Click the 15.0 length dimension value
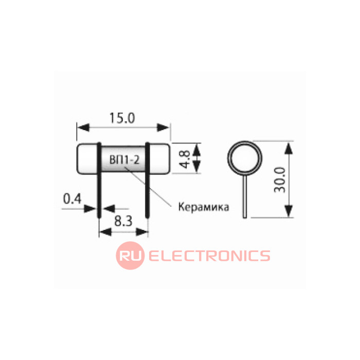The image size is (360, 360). (x=122, y=118)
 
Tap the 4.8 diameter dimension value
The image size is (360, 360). (x=185, y=159)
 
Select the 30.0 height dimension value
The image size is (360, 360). (x=280, y=180)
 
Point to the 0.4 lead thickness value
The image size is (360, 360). (x=72, y=199)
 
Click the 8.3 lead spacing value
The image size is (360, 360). (x=123, y=222)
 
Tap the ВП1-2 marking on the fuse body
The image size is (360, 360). (x=124, y=160)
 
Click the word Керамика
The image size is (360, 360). (x=204, y=207)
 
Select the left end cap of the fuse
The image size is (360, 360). (x=87, y=158)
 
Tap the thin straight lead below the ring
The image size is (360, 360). (x=245, y=196)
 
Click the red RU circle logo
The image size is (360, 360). (x=130, y=256)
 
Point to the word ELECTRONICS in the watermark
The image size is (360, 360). (x=209, y=256)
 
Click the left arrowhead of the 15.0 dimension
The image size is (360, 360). (x=83, y=128)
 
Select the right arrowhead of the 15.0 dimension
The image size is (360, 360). (x=163, y=128)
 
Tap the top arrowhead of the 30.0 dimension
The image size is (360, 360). (x=289, y=148)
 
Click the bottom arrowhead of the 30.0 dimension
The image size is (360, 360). (x=289, y=211)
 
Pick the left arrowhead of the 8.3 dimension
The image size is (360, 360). (x=105, y=232)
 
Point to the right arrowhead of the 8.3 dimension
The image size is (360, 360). (x=142, y=232)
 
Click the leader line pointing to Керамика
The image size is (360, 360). (x=148, y=187)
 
